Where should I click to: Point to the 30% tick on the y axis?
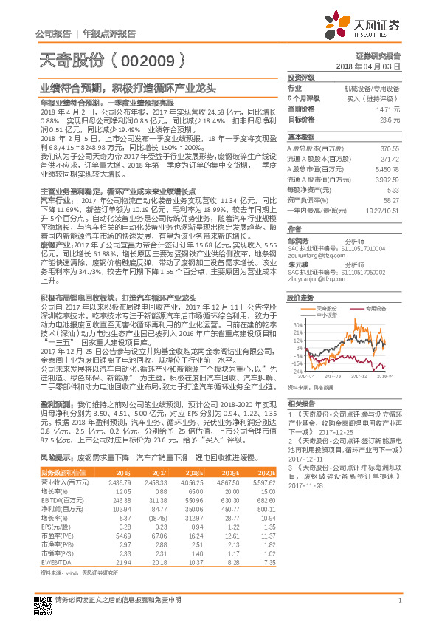coord(297,324)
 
